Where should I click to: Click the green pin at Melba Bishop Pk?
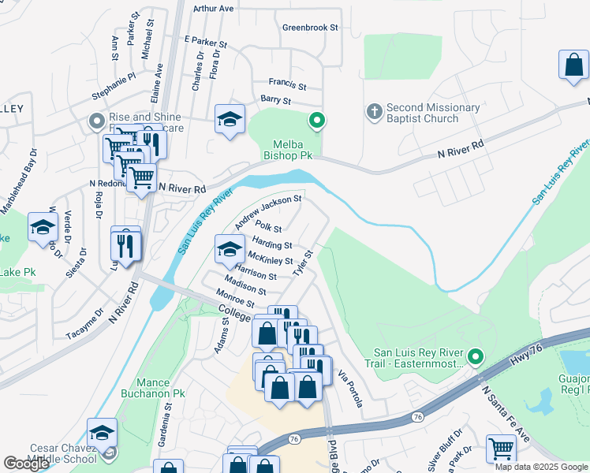pyautogui.click(x=317, y=121)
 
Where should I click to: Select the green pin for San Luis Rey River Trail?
pyautogui.click(x=475, y=357)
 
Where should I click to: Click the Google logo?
pyautogui.click(x=27, y=464)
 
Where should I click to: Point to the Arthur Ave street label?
pyautogui.click(x=214, y=9)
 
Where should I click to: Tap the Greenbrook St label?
pyautogui.click(x=310, y=27)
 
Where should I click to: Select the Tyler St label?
pyautogui.click(x=304, y=264)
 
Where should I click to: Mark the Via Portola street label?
pyautogui.click(x=349, y=388)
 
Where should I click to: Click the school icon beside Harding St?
pyautogui.click(x=230, y=250)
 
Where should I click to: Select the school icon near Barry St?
pyautogui.click(x=230, y=119)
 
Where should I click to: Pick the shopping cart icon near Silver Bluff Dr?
pyautogui.click(x=501, y=449)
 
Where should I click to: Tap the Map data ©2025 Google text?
pyautogui.click(x=541, y=466)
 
